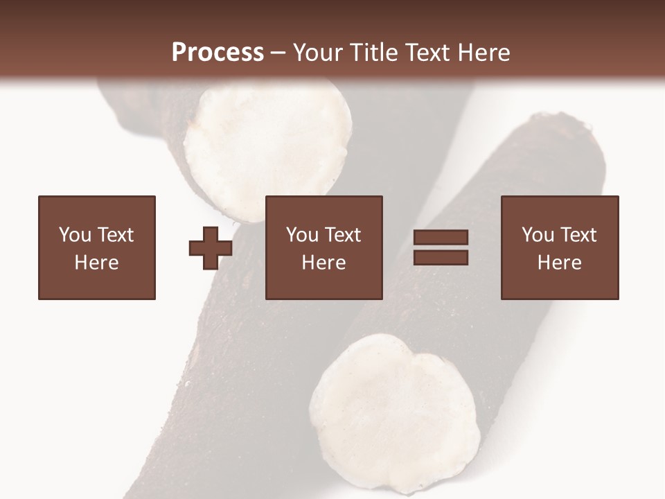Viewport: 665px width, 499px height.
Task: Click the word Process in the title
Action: coord(218,53)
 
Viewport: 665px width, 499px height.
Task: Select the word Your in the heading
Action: coord(318,53)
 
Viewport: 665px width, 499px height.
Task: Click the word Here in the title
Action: coord(482,53)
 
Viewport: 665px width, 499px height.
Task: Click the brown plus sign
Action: coord(210,248)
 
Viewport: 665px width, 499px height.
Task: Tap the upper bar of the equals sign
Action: coord(441,238)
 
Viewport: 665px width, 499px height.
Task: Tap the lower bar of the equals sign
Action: coord(441,258)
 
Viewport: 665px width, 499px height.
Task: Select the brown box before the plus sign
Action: coord(97,247)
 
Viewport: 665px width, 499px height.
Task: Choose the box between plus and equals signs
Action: coord(324,247)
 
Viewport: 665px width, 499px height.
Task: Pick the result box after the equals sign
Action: coord(560,247)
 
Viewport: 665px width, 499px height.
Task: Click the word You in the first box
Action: coord(74,235)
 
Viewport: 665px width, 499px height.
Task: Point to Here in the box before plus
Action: coord(97,263)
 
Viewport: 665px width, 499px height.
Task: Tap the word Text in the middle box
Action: coord(342,235)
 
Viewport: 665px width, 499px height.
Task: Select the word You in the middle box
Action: coord(302,235)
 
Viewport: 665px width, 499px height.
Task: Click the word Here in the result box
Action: coord(560,263)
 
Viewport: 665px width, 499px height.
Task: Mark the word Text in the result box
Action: coord(578,235)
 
